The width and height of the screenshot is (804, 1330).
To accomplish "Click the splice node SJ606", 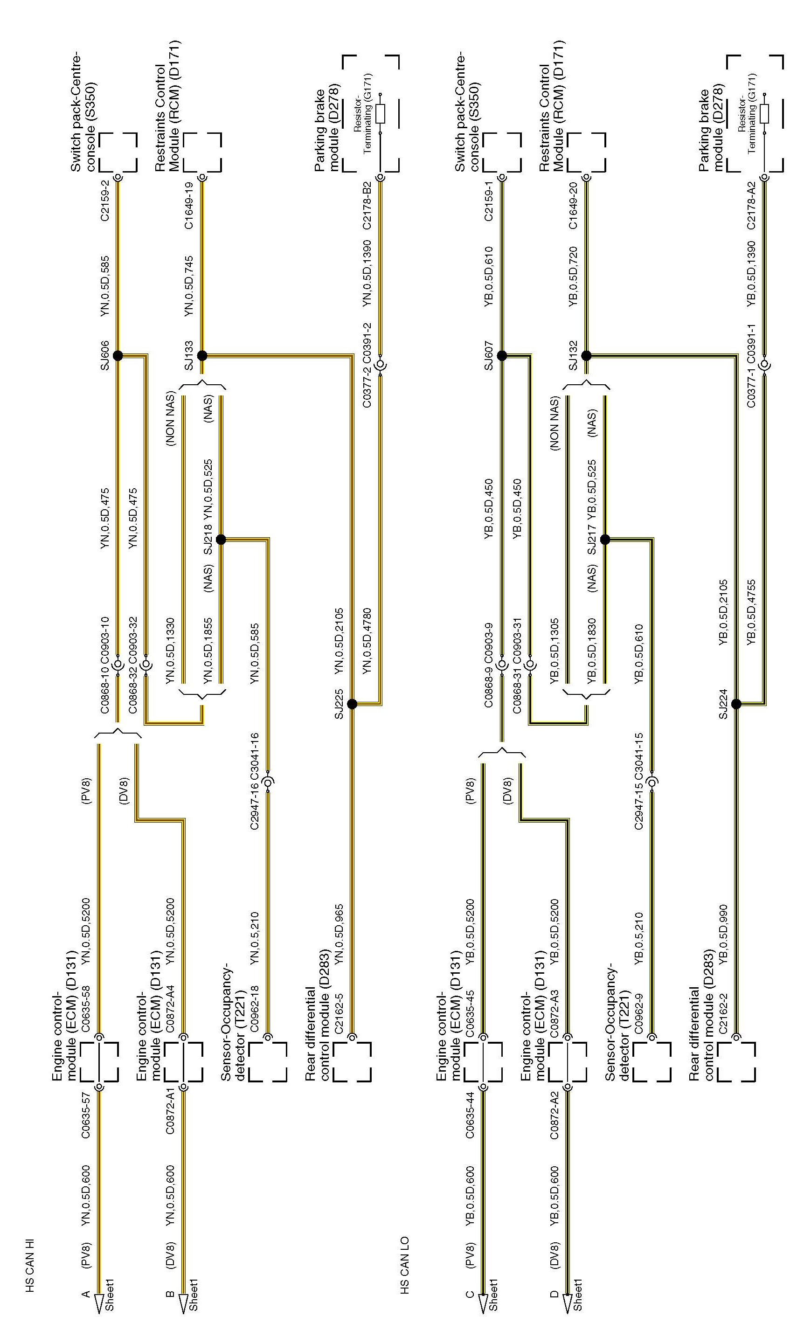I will (x=118, y=356).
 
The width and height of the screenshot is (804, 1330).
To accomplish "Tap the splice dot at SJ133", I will (x=202, y=356).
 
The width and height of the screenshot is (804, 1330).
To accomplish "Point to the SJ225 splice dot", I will (x=352, y=704).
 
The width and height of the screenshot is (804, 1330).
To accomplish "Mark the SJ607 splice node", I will (x=502, y=356).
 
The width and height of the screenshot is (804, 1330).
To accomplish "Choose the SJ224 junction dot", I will (x=736, y=704).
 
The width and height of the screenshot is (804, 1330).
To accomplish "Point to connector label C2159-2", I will (x=105, y=200).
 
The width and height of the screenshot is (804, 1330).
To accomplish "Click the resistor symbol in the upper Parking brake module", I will (x=380, y=113).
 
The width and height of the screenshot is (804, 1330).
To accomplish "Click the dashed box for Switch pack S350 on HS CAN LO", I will (x=502, y=152).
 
